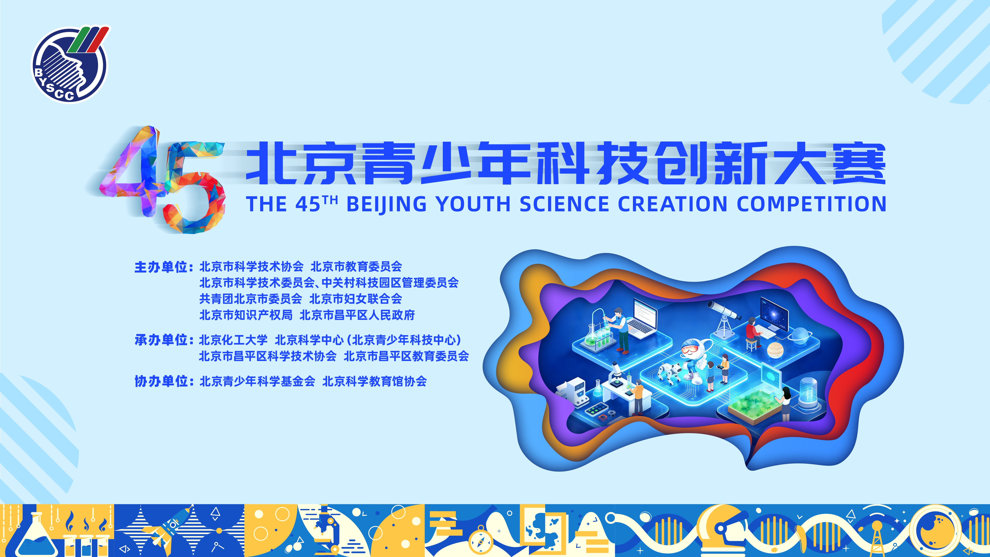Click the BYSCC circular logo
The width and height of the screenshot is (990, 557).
click(x=70, y=65)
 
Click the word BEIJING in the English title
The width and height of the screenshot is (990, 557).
click(x=387, y=204)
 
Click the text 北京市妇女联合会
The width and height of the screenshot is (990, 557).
click(x=356, y=299)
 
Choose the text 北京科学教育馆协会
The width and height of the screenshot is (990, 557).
click(x=375, y=381)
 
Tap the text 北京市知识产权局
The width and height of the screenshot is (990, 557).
click(x=246, y=315)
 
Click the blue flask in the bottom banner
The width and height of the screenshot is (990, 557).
click(x=33, y=536)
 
